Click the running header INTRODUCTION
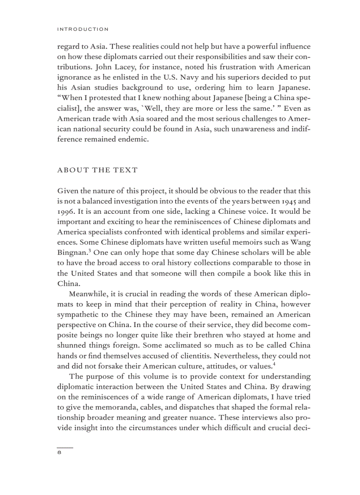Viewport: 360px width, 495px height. coord(82,30)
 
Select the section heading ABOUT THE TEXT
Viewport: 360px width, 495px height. coord(97,170)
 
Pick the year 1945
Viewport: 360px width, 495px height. coord(291,201)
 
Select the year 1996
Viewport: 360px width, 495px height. coord(66,212)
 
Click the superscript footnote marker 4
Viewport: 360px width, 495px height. coord(274,364)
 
